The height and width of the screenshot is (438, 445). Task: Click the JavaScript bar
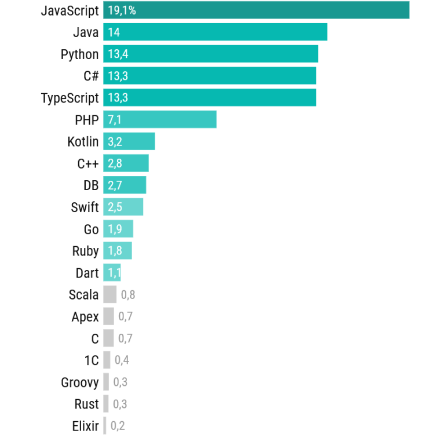click(256, 10)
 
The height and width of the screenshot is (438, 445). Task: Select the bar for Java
click(215, 32)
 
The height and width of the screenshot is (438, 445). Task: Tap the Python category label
click(79, 54)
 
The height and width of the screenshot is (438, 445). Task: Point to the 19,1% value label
click(122, 10)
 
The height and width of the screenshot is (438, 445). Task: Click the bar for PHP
click(159, 119)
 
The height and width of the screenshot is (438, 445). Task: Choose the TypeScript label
click(70, 98)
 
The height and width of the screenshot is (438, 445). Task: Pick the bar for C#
click(210, 76)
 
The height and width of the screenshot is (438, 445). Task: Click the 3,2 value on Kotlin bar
click(115, 141)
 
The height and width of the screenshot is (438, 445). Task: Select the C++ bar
click(126, 163)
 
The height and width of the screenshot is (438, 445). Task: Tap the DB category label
click(91, 185)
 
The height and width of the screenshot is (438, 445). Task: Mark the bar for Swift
click(123, 207)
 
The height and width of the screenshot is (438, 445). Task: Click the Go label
click(91, 229)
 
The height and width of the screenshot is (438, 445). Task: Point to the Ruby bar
click(118, 251)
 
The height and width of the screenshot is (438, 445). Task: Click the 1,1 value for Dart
click(114, 273)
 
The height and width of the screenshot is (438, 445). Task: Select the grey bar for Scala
click(110, 294)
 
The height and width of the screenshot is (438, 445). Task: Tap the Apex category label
click(85, 317)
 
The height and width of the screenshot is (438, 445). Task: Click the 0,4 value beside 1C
click(122, 360)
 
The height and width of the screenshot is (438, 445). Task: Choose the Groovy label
click(80, 382)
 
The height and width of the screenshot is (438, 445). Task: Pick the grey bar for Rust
click(106, 404)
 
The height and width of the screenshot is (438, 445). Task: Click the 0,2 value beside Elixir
click(118, 426)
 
